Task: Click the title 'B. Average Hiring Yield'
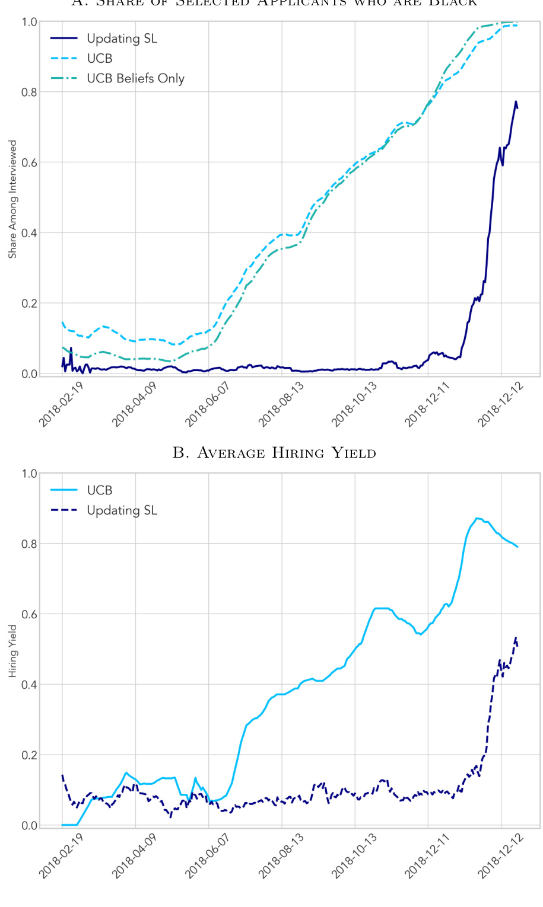(x=274, y=453)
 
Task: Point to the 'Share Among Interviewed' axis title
(x=12, y=199)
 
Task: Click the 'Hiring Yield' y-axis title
(x=12, y=651)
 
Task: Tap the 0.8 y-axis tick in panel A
(x=30, y=92)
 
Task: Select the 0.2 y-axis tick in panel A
(x=30, y=304)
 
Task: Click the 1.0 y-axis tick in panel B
(x=30, y=474)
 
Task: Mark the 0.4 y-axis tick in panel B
(x=30, y=685)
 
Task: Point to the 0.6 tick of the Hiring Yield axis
(x=30, y=614)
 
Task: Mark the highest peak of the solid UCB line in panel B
(x=477, y=518)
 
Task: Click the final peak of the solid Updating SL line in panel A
(x=516, y=101)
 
